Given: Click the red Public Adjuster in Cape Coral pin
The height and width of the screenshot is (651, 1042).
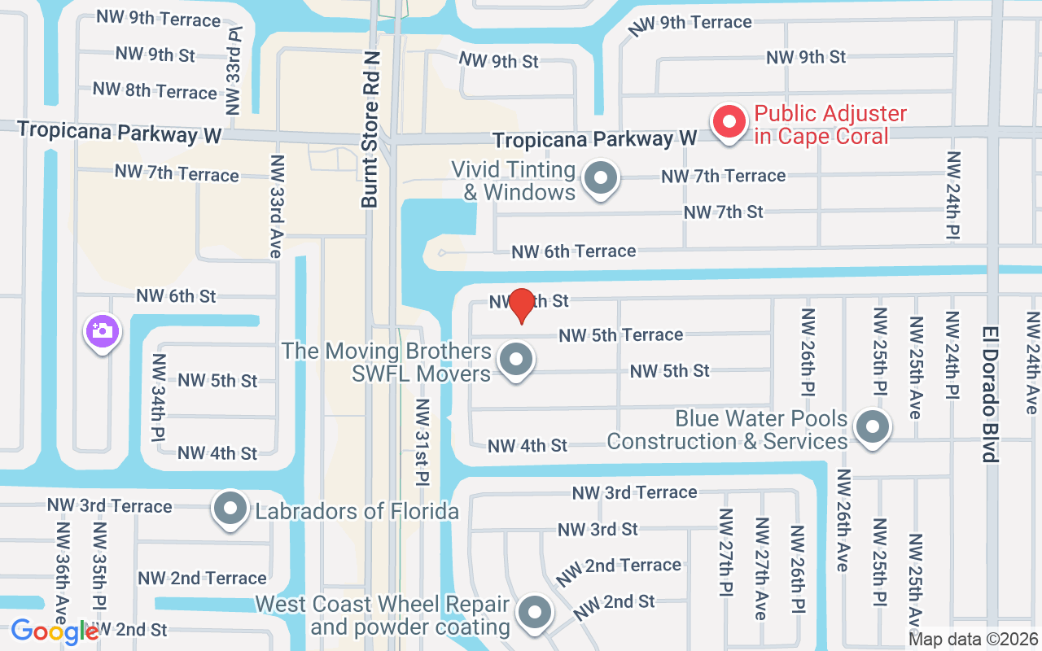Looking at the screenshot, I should [x=729, y=123].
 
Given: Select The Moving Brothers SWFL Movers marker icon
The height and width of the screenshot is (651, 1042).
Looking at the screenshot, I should [x=515, y=359].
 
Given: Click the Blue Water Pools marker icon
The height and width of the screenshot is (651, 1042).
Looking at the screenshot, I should [x=873, y=426].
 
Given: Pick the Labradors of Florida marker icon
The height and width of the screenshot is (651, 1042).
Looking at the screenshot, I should [x=230, y=509].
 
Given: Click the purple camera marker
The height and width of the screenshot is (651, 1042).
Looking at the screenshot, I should [x=102, y=331].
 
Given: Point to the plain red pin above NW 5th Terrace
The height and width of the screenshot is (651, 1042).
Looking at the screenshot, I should [x=521, y=304].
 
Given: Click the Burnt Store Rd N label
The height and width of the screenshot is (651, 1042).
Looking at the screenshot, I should [x=372, y=130].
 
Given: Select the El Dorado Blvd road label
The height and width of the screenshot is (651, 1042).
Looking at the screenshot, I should [x=990, y=395].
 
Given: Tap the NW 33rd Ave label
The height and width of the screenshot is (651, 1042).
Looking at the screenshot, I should [x=276, y=207].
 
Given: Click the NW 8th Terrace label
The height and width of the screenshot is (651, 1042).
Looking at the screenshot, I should [x=155, y=90].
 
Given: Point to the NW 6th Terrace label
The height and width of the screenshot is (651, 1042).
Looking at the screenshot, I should [x=574, y=251].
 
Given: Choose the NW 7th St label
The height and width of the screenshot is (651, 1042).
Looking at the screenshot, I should [x=724, y=212].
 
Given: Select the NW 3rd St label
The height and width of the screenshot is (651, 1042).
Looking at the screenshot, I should [x=598, y=530].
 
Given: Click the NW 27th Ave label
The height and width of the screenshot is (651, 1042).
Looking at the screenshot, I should [x=761, y=568].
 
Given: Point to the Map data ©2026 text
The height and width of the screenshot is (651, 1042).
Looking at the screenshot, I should [x=973, y=640].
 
